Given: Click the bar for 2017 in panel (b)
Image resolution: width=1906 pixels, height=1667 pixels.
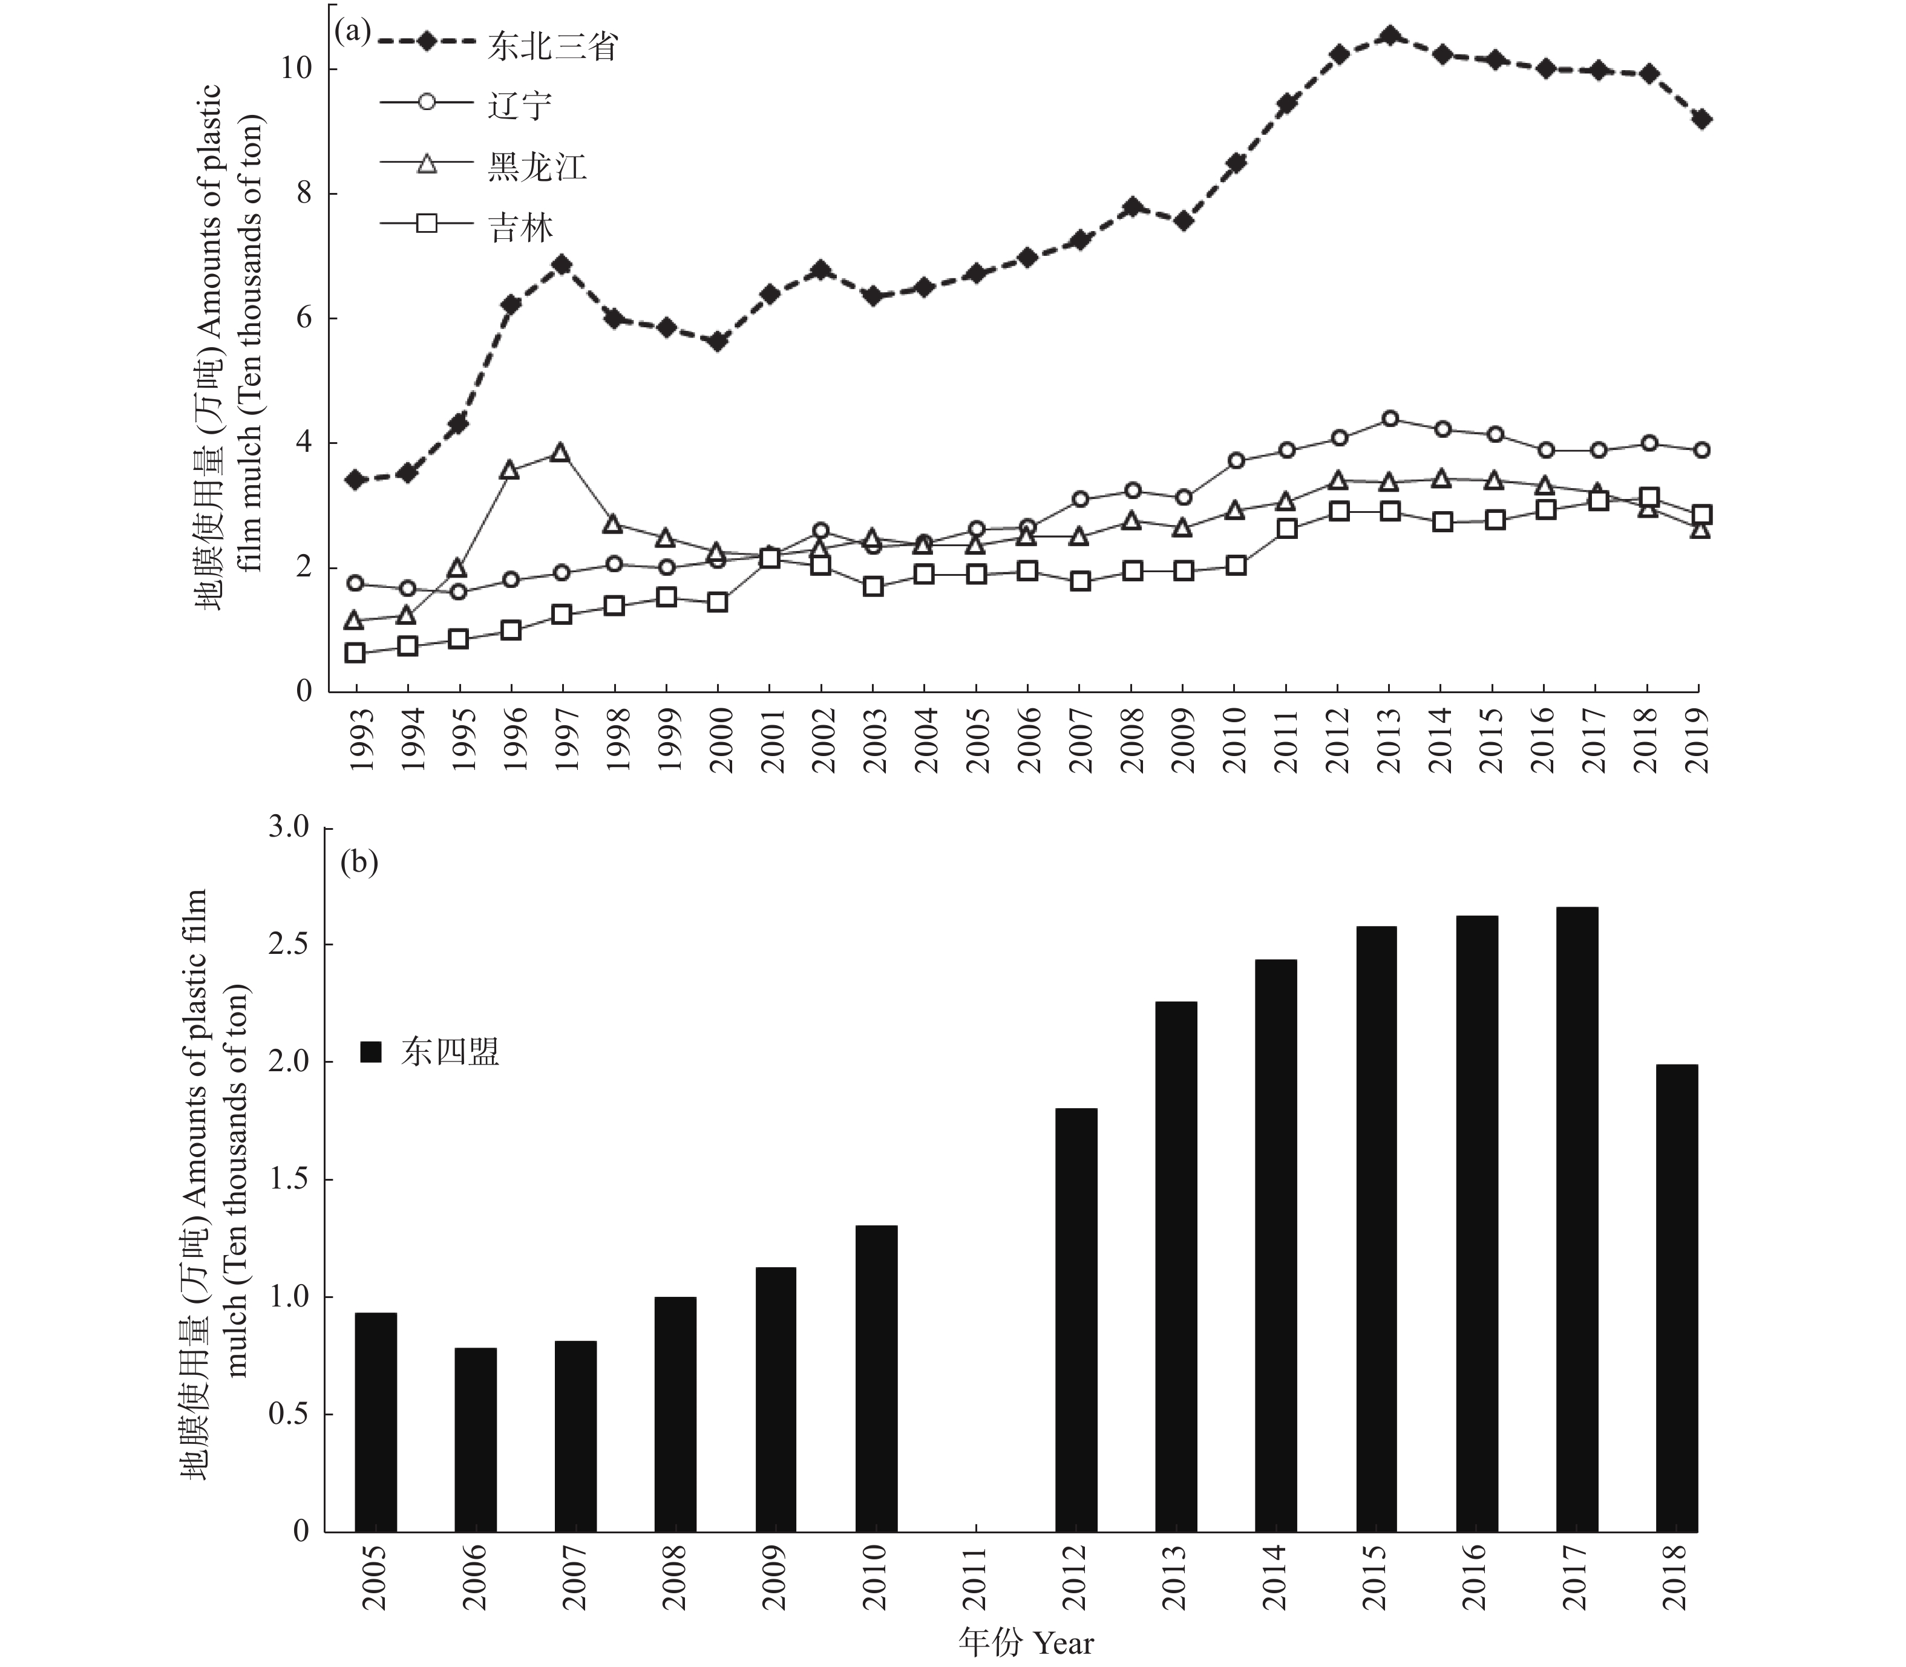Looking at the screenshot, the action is [x=1577, y=1219].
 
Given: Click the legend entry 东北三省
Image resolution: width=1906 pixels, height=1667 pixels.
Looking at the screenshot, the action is [x=499, y=45].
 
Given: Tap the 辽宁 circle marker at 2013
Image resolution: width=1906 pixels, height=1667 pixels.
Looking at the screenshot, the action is [x=1389, y=419].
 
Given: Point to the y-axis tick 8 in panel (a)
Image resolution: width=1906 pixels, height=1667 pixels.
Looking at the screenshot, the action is [x=304, y=194].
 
